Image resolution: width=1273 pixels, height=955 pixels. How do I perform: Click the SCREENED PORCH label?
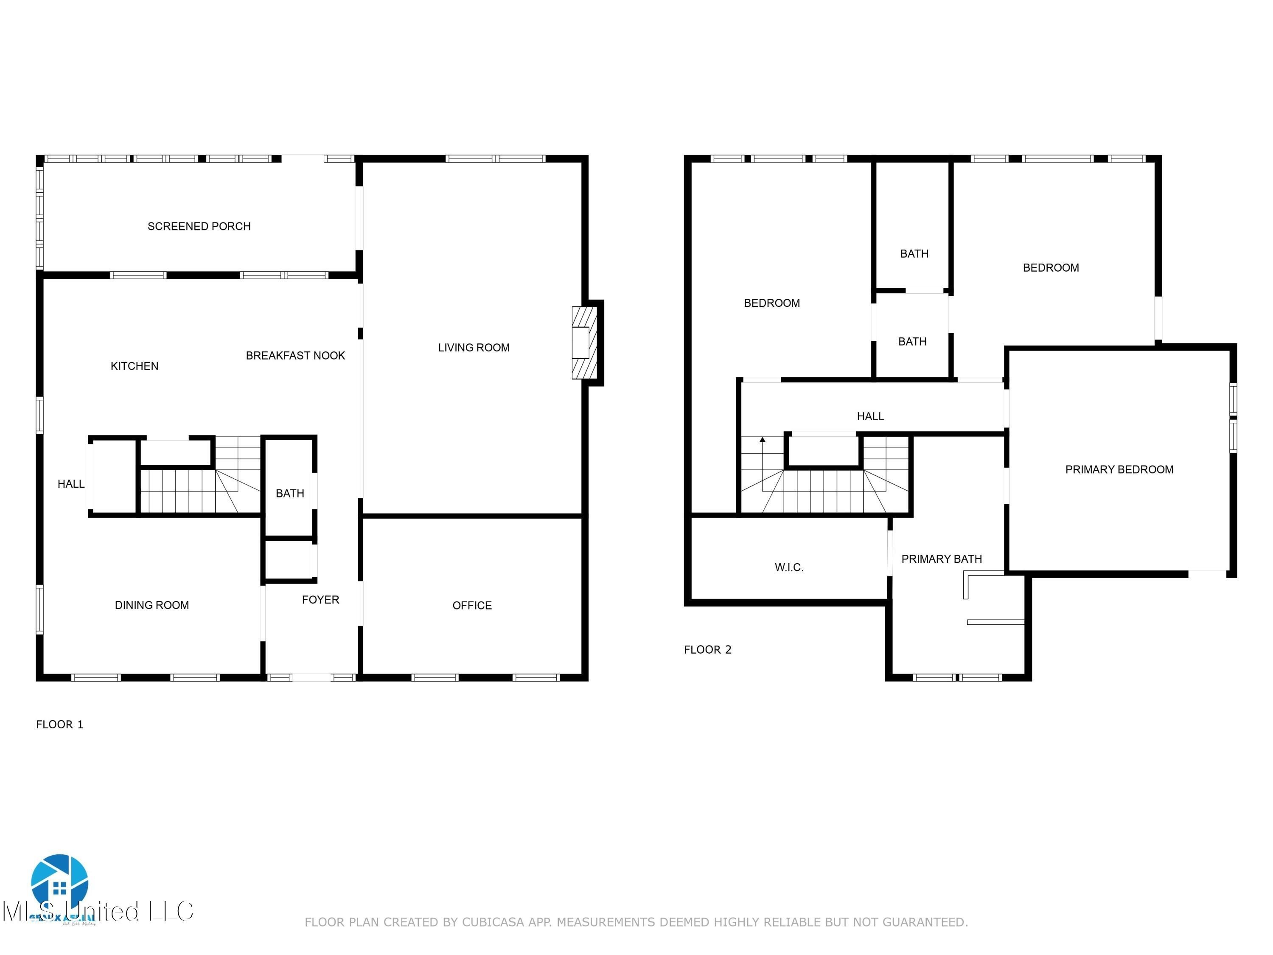199,226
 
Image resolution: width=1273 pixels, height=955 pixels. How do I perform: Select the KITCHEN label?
134,366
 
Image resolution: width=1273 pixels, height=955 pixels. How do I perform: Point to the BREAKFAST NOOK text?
295,356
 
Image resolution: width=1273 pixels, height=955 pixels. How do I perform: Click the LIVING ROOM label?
474,348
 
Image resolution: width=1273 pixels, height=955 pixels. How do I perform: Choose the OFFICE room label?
472,606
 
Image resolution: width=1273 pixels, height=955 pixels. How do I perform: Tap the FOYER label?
320,600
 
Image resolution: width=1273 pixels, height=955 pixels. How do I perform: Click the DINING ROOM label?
152,605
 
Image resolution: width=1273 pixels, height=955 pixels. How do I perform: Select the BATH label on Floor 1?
289,493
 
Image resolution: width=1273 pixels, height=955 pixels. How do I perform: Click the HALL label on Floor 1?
71,484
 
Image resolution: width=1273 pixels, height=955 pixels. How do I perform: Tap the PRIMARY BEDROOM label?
1119,470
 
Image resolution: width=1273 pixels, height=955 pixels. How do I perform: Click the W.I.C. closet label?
789,567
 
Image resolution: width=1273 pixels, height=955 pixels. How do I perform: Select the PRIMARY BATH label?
942,559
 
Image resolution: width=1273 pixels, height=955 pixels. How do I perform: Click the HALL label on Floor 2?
870,416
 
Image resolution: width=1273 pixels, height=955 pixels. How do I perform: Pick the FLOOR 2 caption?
707,650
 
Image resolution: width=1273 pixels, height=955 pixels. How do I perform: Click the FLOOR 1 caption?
60,725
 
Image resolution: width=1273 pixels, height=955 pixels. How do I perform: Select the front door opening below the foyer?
312,677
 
